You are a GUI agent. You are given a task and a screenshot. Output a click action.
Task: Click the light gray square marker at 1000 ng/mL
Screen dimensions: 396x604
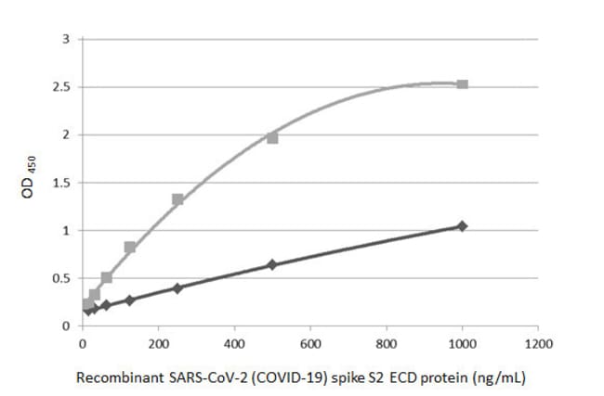(462, 84)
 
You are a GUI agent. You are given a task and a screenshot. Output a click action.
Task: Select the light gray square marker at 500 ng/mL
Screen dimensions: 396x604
(272, 137)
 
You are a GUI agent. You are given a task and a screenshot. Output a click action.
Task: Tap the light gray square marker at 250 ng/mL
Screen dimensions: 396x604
(177, 199)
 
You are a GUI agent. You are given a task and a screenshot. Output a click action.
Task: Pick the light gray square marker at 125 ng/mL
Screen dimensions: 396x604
(130, 248)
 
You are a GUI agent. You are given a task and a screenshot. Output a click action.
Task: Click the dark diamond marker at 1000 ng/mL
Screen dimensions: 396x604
(462, 226)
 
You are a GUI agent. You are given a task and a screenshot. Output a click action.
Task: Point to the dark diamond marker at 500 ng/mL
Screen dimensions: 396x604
(272, 264)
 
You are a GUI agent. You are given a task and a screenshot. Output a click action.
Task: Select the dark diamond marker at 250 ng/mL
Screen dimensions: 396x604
(177, 287)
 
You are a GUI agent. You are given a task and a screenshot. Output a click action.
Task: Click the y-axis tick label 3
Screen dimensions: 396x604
(66, 40)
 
